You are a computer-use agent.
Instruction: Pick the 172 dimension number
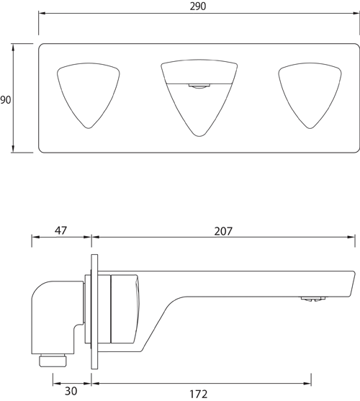pyautogui.click(x=199, y=393)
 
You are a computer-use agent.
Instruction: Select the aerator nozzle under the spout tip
pyautogui.click(x=311, y=297)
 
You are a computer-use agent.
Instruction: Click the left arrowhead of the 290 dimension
pyautogui.click(x=40, y=12)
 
